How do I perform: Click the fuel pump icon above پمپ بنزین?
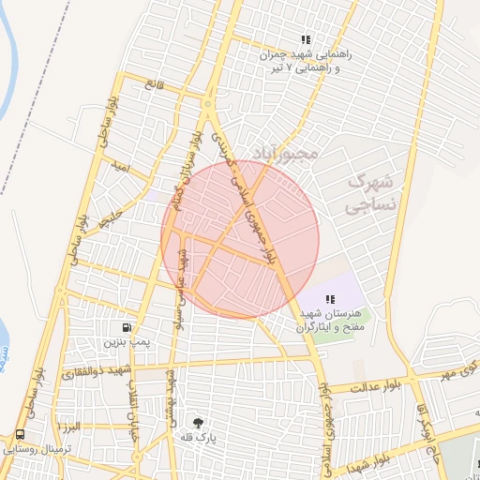click(x=126, y=327)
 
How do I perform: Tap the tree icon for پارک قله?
click(x=197, y=422)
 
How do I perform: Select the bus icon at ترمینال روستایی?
click(x=20, y=434)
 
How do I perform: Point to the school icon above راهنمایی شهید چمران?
click(x=305, y=39)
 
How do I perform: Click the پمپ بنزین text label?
click(x=127, y=344)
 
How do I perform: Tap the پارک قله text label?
click(x=198, y=438)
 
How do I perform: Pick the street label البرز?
click(x=68, y=427)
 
